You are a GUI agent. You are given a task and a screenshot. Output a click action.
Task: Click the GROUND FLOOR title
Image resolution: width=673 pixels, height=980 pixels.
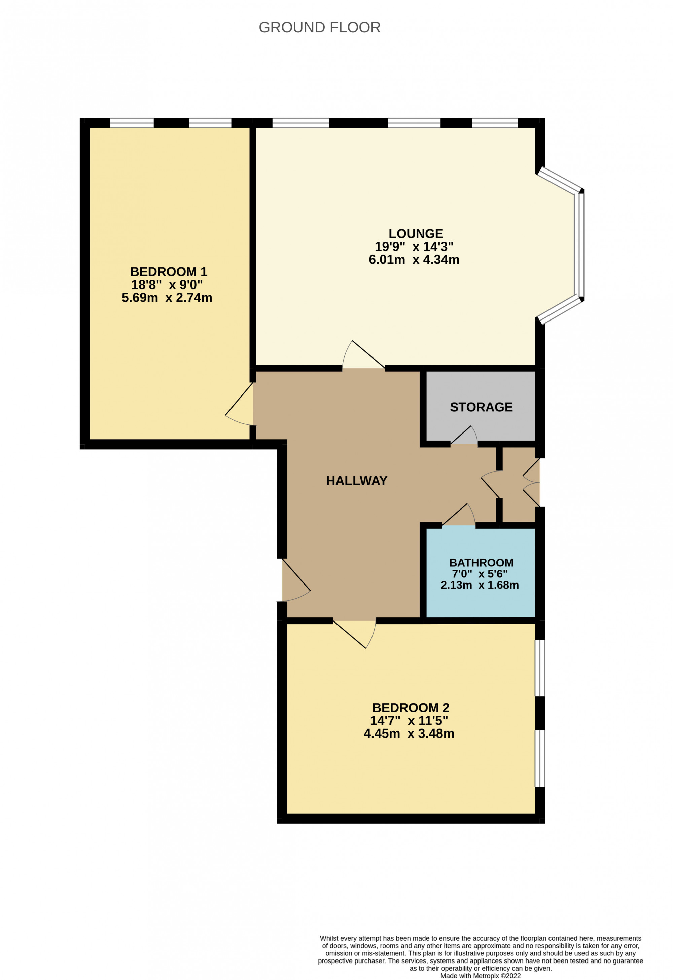(x=319, y=28)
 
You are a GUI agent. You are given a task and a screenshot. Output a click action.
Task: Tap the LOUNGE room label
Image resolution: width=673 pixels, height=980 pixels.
(x=416, y=234)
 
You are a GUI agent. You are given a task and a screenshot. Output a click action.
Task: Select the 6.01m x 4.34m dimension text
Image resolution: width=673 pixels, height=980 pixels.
(x=414, y=259)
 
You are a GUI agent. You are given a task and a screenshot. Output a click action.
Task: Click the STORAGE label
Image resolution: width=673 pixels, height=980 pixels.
(x=481, y=407)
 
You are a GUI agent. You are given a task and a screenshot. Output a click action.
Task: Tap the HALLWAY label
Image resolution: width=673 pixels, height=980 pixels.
(x=357, y=481)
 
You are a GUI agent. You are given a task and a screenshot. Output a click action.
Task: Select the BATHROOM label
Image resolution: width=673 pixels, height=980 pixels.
(x=481, y=563)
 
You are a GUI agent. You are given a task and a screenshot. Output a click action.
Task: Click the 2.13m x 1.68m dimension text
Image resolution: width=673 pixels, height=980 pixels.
(x=480, y=585)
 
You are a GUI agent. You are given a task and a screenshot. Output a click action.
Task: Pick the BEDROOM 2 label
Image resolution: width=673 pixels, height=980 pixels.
(x=411, y=708)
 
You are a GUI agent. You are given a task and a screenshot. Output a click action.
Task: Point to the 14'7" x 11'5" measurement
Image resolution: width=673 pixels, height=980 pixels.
(x=409, y=721)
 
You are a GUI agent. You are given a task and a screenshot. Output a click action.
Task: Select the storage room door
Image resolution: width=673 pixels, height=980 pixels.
(x=464, y=437)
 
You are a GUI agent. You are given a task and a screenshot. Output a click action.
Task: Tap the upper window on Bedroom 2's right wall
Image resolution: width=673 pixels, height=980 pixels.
(x=540, y=668)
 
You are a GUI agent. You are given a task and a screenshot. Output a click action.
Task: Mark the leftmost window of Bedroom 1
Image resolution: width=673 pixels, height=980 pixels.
(x=132, y=123)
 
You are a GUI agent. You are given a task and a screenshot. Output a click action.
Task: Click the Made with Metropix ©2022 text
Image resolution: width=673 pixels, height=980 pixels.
(x=480, y=976)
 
